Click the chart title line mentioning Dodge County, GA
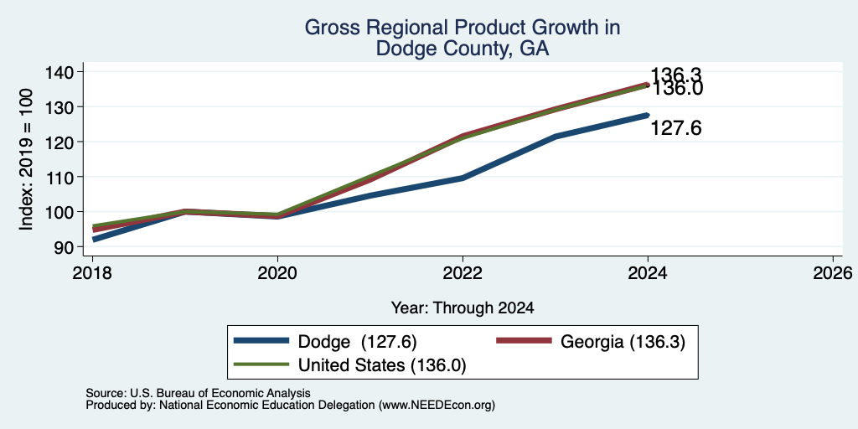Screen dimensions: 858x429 pos(463,49)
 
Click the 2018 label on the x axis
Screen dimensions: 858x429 pos(92,272)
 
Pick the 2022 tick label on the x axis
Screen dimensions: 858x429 pos(463,272)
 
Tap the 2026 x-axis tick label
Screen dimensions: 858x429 pos(833,272)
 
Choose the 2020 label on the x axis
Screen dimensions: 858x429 pos(277,272)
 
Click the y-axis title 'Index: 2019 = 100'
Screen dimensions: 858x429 pos(26,159)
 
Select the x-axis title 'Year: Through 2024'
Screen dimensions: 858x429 pos(463,308)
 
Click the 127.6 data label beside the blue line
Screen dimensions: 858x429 pos(676,128)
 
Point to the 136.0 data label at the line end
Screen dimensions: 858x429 pos(676,89)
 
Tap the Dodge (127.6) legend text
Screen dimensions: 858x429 pos(357,342)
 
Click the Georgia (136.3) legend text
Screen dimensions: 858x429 pos(623,342)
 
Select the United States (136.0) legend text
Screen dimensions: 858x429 pos(382,365)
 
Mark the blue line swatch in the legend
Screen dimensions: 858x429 pos(261,341)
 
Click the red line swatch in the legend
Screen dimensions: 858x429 pos(523,341)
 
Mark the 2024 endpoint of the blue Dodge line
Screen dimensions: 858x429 pos(648,115)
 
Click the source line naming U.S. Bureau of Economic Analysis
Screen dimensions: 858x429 pos(198,394)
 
